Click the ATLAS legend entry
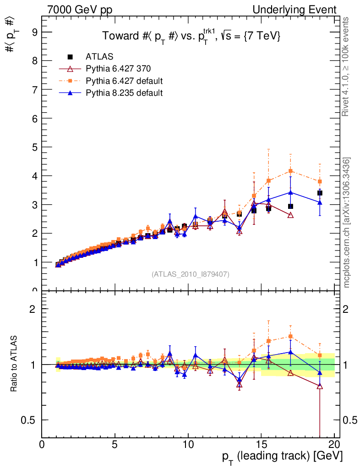(99, 57)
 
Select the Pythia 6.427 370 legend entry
(118, 69)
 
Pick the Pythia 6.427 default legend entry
(124, 81)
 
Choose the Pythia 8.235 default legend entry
(124, 93)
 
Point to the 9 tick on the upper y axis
(34, 32)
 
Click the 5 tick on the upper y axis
(34, 147)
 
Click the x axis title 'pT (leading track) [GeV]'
(282, 457)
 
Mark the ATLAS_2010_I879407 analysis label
(191, 274)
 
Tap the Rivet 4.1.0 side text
(346, 67)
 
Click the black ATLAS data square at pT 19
(320, 193)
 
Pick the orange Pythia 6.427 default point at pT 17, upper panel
(290, 171)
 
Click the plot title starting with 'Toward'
(191, 36)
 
